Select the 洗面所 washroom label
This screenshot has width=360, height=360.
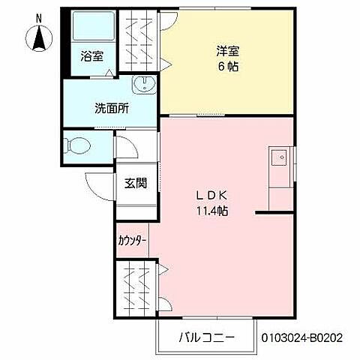click(111, 107)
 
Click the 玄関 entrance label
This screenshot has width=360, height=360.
click(136, 183)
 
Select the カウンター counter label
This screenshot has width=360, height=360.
click(132, 240)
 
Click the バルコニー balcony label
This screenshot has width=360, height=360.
click(207, 337)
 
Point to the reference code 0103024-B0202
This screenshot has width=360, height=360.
click(307, 338)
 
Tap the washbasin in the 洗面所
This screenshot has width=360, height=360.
click(142, 84)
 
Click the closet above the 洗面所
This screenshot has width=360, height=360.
click(136, 41)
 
